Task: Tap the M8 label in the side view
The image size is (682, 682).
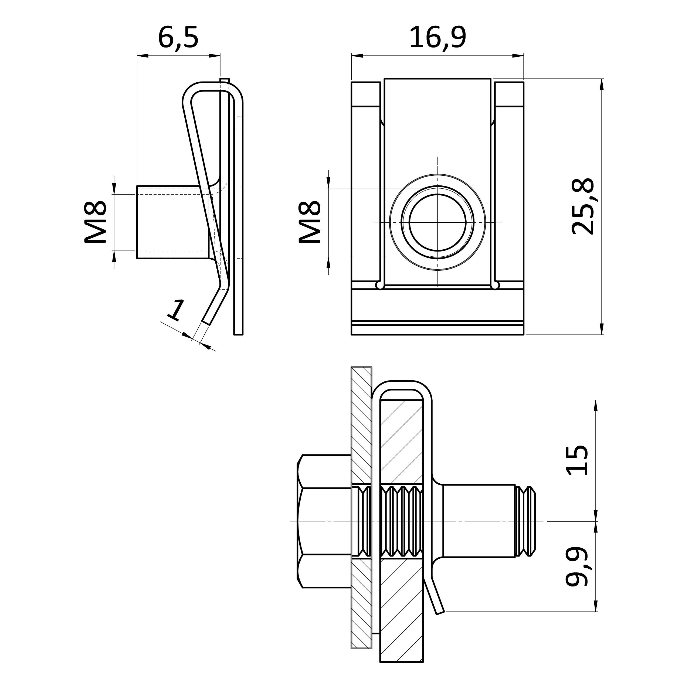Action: point(95,222)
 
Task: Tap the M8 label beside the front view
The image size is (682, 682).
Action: point(310,222)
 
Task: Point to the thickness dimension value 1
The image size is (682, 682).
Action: point(175,310)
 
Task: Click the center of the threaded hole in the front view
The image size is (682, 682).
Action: point(438,222)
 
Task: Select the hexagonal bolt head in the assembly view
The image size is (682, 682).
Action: point(324,521)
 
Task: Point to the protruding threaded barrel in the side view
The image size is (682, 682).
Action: point(173,222)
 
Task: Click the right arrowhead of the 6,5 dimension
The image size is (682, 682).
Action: point(215,56)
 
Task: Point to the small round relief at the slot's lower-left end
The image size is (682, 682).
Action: point(380,285)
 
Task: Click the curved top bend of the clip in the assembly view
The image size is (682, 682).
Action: point(402,385)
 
